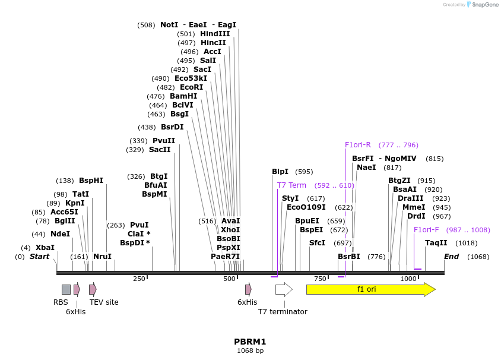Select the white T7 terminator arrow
(284, 289)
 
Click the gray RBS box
(66, 289)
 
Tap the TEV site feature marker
(93, 289)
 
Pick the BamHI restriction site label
(183, 96)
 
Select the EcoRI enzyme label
(191, 87)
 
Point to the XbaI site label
(45, 248)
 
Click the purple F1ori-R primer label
(358, 145)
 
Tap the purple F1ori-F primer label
(426, 230)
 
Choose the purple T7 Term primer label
(291, 185)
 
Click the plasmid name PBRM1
(250, 342)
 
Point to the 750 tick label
(320, 279)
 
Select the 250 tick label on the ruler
(139, 279)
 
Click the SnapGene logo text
(485, 5)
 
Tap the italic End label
(451, 257)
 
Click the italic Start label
(39, 257)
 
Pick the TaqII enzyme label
(436, 243)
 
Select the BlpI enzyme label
(280, 172)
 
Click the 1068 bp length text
(250, 351)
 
